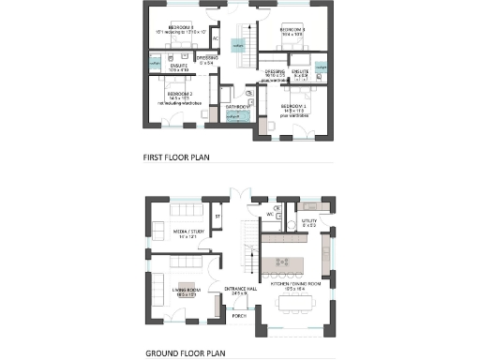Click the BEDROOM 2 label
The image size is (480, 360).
click(180, 94)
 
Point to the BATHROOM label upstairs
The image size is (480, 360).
click(236, 107)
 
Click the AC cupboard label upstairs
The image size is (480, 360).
click(216, 39)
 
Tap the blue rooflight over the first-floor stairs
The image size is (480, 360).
click(238, 44)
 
